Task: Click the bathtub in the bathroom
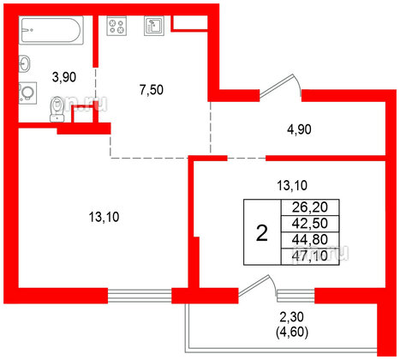[51, 33]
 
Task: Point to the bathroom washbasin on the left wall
[26, 62]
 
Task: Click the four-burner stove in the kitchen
[116, 25]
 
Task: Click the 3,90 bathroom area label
[65, 78]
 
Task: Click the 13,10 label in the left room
[103, 218]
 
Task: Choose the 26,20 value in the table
[309, 207]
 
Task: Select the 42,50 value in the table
[309, 223]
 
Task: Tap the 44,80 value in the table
[309, 239]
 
